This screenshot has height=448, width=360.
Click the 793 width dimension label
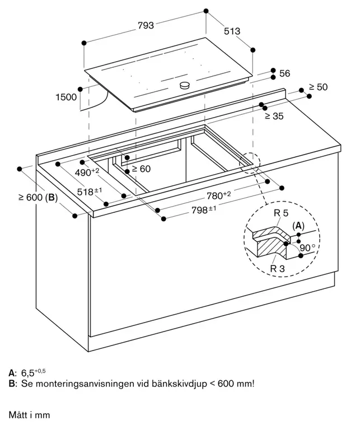tap(145, 25)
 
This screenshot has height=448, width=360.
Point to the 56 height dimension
tap(284, 73)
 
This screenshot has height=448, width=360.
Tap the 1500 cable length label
tap(66, 97)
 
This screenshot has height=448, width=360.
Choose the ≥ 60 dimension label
tap(142, 169)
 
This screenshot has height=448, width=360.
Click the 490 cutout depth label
tap(87, 171)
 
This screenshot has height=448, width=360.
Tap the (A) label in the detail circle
tap(298, 225)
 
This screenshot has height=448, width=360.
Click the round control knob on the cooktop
tap(184, 85)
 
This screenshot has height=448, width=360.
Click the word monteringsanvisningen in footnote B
tap(81, 384)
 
